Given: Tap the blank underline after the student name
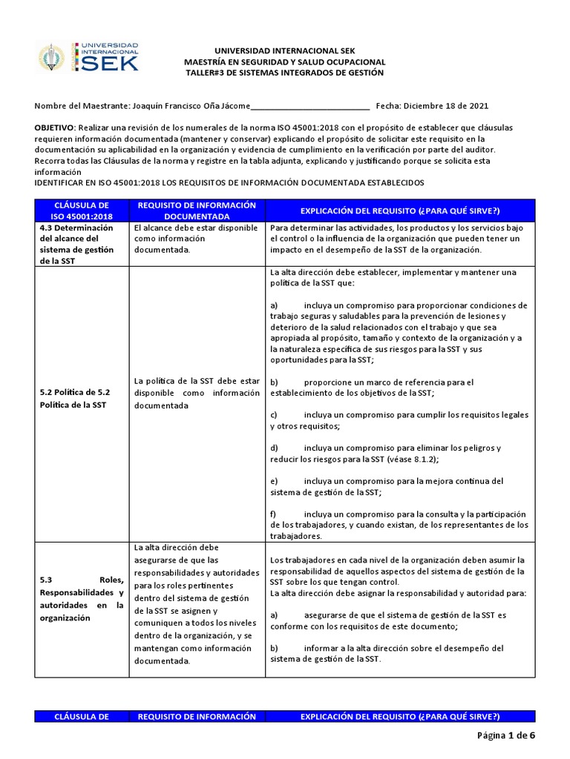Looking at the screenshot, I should pyautogui.click(x=310, y=106).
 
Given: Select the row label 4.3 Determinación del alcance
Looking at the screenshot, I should pyautogui.click(x=78, y=245).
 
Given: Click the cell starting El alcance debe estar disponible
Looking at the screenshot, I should pyautogui.click(x=196, y=239).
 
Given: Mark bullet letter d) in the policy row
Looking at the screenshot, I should pyautogui.click(x=274, y=448).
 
